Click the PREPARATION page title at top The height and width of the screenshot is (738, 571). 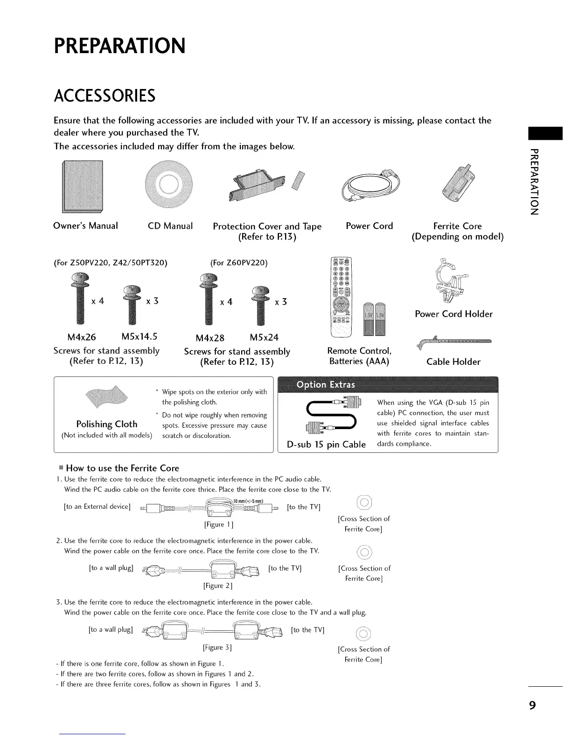pyautogui.click(x=120, y=46)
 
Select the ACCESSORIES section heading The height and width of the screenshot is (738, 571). pyautogui.click(x=104, y=96)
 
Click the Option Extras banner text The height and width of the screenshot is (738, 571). pyautogui.click(x=326, y=384)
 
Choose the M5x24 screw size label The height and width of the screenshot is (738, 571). pyautogui.click(x=265, y=337)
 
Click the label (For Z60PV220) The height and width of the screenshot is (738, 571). pyautogui.click(x=239, y=263)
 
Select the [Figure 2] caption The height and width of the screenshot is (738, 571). pyautogui.click(x=218, y=585)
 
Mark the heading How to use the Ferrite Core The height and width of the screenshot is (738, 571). pyautogui.click(x=122, y=468)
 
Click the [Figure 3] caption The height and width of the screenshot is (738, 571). pyautogui.click(x=217, y=647)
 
